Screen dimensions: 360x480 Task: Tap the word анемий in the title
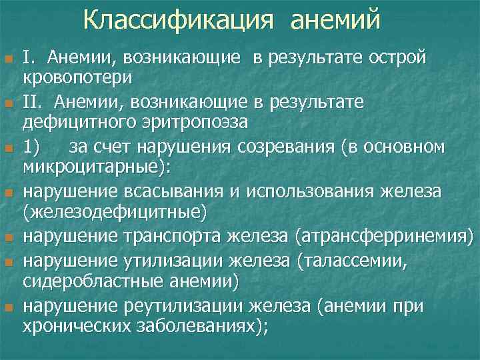coord(335,19)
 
